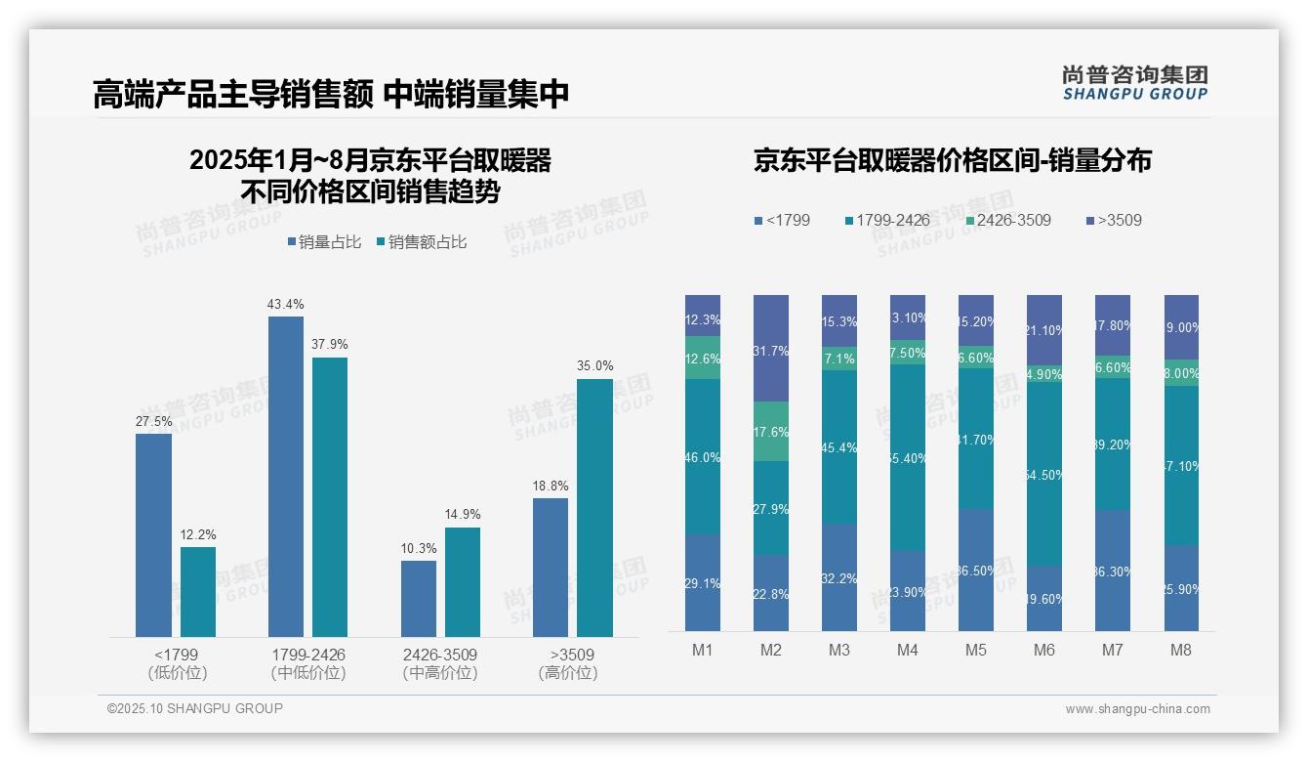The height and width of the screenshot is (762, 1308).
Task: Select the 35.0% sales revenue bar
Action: click(594, 508)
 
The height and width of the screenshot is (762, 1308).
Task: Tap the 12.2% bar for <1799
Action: click(198, 592)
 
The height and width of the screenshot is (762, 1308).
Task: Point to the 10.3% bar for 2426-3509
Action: click(419, 599)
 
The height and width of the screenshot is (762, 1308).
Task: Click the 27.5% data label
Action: click(153, 421)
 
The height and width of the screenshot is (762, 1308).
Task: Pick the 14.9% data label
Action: click(462, 515)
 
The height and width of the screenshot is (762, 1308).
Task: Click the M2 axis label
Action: click(770, 650)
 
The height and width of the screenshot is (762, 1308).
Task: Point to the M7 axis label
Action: click(1113, 650)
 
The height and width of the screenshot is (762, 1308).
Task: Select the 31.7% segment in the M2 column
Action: click(770, 349)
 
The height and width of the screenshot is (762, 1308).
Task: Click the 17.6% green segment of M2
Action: click(770, 432)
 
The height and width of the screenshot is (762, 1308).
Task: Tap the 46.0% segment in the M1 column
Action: click(703, 457)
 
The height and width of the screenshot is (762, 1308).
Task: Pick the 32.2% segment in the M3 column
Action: click(839, 578)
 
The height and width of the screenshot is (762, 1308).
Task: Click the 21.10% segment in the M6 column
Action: click(1044, 331)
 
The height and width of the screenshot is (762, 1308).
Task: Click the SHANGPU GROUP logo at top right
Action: click(1135, 83)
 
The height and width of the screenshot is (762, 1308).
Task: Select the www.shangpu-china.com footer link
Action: click(1137, 709)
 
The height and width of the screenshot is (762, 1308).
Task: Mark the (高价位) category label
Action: click(568, 673)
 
